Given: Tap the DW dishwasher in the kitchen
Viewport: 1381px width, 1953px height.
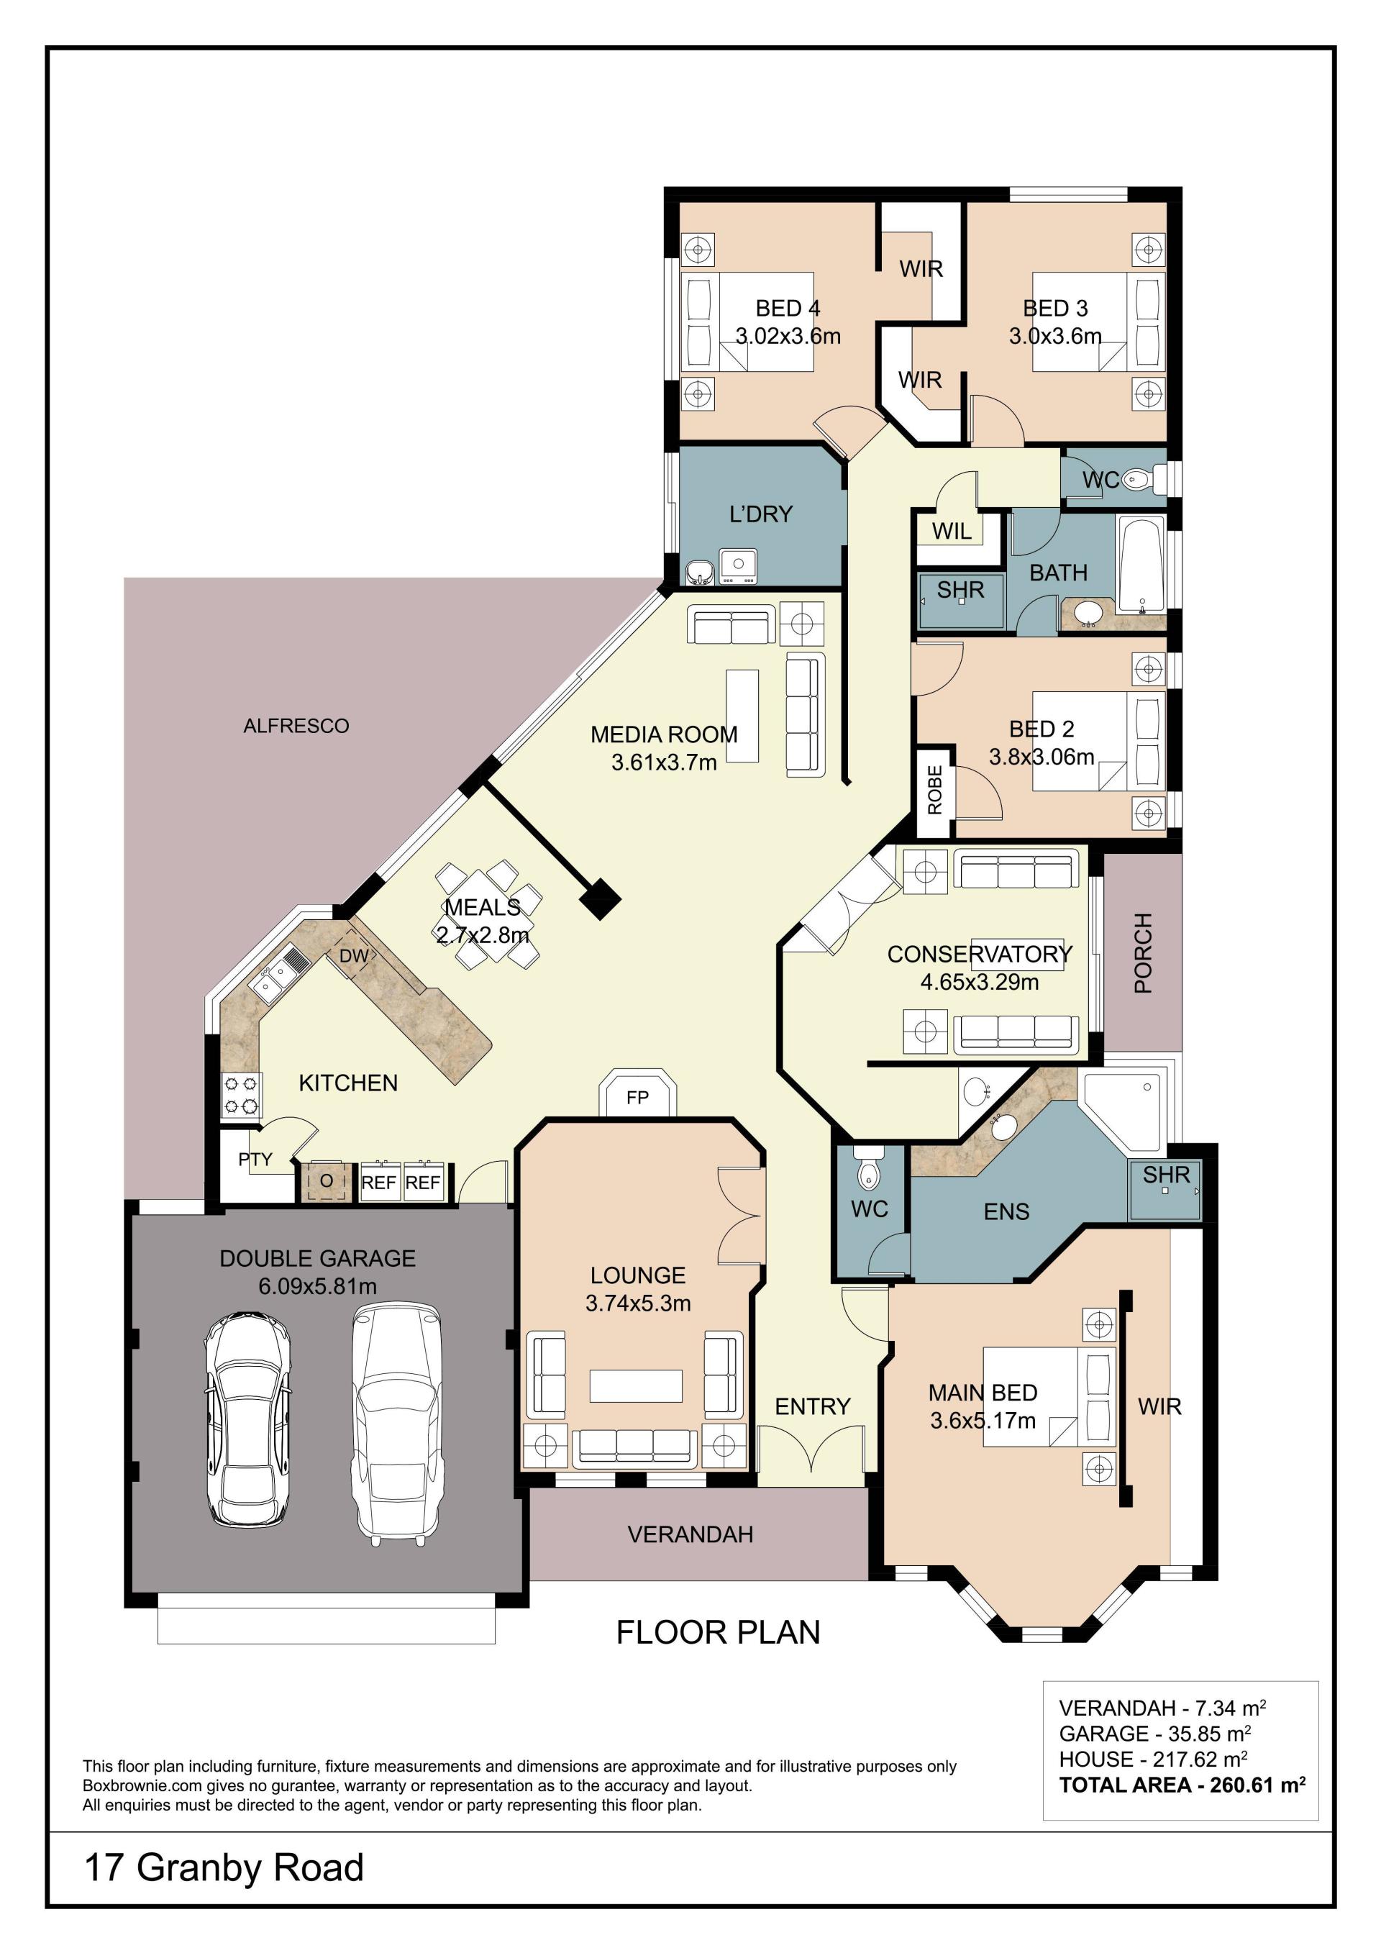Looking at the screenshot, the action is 355,956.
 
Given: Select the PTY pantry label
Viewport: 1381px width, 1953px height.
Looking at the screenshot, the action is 255,1160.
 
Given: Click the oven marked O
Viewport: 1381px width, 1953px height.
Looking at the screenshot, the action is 326,1181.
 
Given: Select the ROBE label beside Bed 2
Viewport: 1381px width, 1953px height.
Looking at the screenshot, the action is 934,791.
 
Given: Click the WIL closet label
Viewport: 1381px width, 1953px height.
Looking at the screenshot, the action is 952,532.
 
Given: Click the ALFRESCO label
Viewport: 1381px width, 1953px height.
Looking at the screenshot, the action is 296,726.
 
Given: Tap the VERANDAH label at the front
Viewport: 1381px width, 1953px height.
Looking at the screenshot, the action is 690,1534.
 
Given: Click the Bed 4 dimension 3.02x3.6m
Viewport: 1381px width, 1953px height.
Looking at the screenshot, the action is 788,336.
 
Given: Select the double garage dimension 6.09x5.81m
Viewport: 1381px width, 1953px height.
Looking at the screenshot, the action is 317,1286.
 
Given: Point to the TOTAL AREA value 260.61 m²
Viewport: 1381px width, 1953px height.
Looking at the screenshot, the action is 1258,1785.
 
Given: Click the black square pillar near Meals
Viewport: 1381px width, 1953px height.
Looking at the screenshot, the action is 601,899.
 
